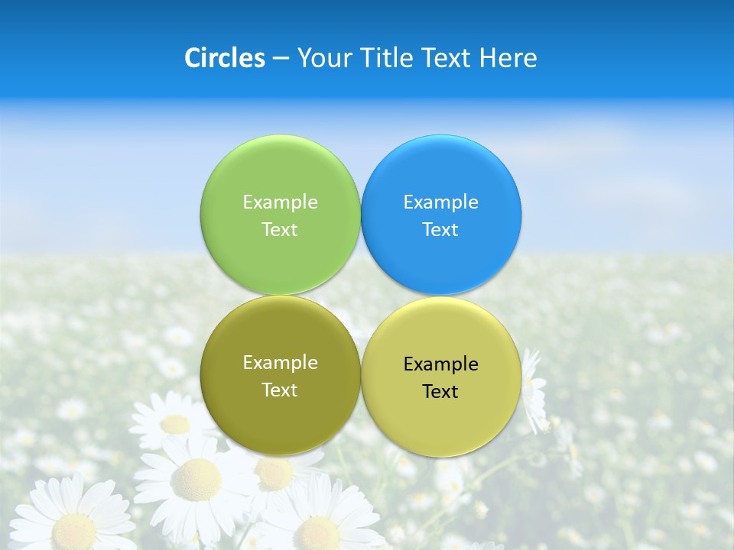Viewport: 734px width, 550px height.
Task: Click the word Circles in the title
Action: click(x=225, y=58)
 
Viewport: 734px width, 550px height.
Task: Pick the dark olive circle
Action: click(x=280, y=420)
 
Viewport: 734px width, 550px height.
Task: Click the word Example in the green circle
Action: click(x=280, y=202)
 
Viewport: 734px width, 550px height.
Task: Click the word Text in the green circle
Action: click(x=280, y=230)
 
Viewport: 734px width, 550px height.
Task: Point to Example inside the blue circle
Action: click(x=441, y=202)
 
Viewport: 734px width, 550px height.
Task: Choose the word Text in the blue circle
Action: click(x=440, y=230)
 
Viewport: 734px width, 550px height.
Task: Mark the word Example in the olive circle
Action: click(x=280, y=363)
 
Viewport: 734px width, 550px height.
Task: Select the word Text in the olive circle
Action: click(x=280, y=390)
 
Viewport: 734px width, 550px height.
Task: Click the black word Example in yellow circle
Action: click(x=441, y=364)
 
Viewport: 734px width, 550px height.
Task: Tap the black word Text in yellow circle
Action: click(x=440, y=392)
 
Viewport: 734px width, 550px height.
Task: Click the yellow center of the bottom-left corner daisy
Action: click(x=74, y=529)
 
